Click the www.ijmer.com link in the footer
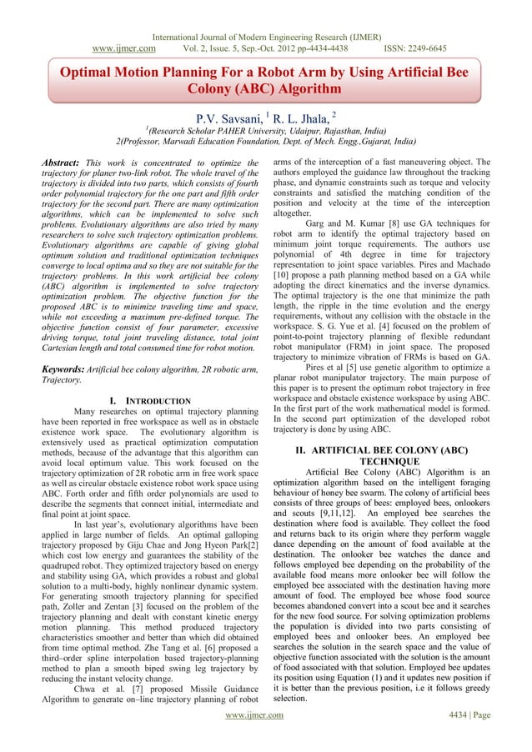pos(265,738)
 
